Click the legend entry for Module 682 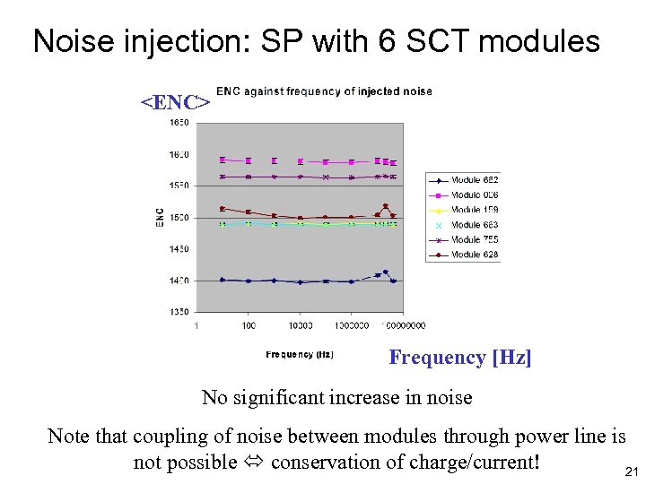474,180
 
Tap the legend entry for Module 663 474,225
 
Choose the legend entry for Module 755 474,239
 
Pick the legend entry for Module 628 474,255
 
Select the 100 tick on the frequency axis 248,325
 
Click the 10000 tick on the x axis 300,325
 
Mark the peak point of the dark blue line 385,272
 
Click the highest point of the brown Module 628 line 385,206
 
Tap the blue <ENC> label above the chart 175,101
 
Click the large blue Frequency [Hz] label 459,358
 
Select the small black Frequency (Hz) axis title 300,355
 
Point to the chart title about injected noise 324,91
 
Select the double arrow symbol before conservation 254,462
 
